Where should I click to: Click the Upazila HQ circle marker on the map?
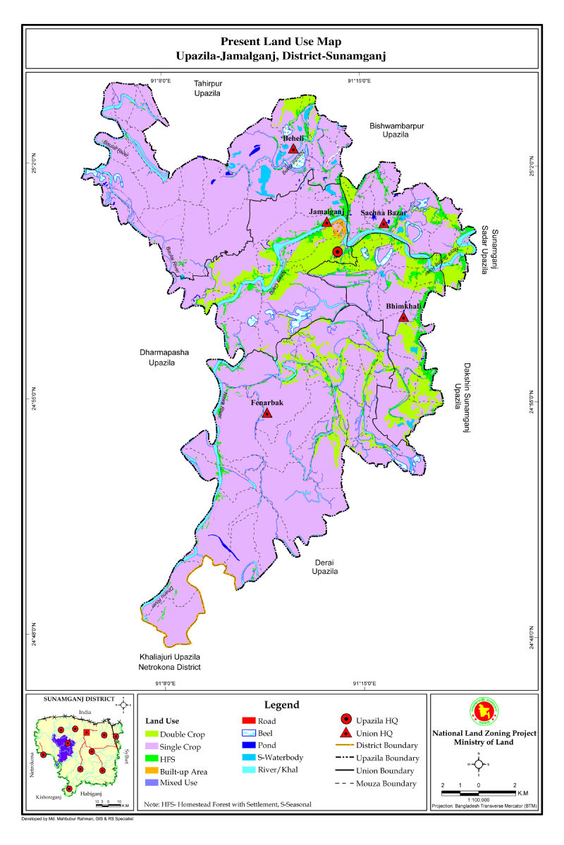[x=338, y=251]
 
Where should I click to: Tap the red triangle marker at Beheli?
[x=293, y=149]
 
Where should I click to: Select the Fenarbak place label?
[x=267, y=403]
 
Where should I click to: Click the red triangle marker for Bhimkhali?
[x=403, y=317]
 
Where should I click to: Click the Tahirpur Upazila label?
[x=208, y=88]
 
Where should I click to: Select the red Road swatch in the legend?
[x=247, y=721]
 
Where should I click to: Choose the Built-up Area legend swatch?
[x=154, y=771]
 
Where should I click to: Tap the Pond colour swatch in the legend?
[x=247, y=745]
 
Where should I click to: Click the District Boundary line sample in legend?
[x=346, y=746]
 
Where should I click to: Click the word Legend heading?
[x=281, y=705]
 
